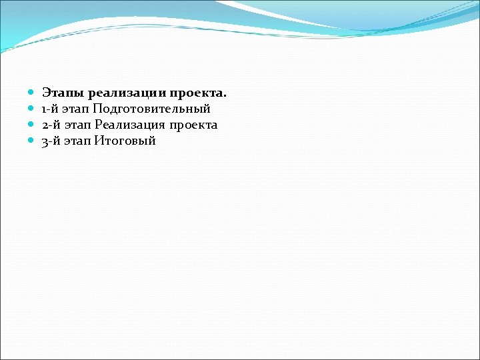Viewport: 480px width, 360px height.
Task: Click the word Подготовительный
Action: (x=152, y=109)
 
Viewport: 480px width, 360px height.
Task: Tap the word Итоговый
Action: (x=125, y=141)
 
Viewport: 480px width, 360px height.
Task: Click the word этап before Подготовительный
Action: (x=76, y=109)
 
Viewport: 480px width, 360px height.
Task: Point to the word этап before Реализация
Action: (x=77, y=125)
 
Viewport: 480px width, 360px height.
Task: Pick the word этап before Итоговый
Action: (x=77, y=141)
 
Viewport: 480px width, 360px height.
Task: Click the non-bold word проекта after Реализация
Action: (x=193, y=125)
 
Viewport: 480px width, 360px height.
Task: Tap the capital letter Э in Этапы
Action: (x=46, y=93)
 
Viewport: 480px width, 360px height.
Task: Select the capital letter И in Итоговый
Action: (x=99, y=141)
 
